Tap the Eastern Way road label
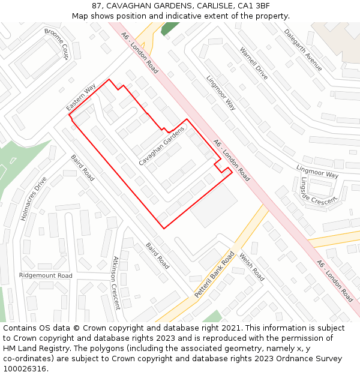[x=81, y=98]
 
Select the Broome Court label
[x=57, y=44]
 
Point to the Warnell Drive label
[x=253, y=64]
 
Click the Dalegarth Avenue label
[x=303, y=50]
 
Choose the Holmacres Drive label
[x=33, y=199]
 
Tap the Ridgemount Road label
[x=46, y=275]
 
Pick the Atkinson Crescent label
[x=116, y=283]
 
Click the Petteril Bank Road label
[x=214, y=275]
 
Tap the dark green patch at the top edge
[x=169, y=28]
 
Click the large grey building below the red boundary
[x=214, y=205]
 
